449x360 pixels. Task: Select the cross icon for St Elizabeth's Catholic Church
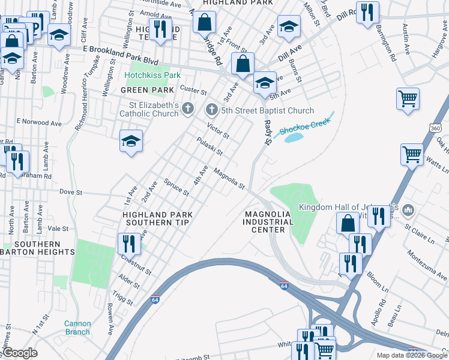tap(188, 109)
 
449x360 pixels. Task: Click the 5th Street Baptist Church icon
tap(211, 110)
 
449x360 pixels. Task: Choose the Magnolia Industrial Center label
tap(268, 222)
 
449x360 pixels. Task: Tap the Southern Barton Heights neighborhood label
tap(38, 248)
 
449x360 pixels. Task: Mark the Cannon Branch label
tap(77, 328)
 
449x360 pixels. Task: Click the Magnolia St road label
tap(229, 178)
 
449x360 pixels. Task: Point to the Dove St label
tap(70, 192)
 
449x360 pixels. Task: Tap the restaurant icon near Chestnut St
tap(128, 243)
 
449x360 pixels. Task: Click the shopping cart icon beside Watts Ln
tap(412, 154)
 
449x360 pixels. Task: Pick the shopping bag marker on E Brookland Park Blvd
tap(243, 63)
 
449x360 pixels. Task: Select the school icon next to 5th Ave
tap(264, 82)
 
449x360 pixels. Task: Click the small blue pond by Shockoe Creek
tap(294, 137)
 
